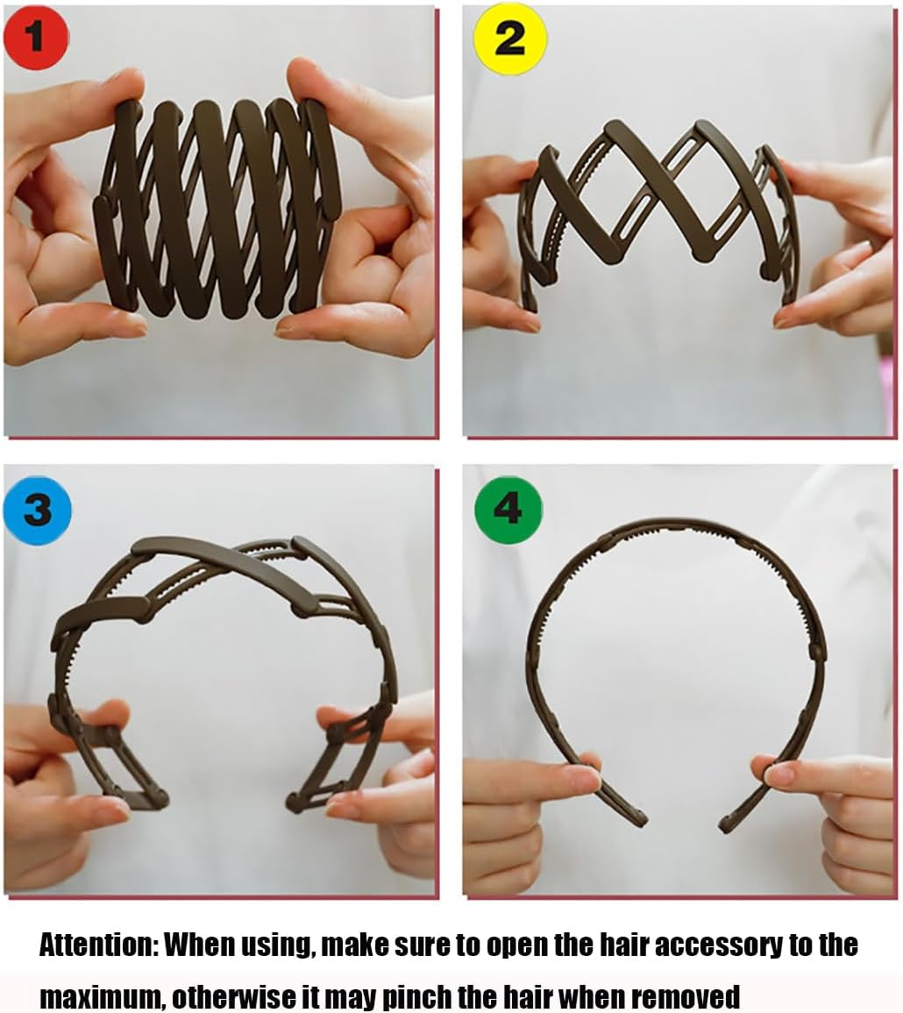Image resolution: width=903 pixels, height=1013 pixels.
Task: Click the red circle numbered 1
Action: coord(35,37)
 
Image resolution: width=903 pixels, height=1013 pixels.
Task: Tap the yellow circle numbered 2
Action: coord(510,38)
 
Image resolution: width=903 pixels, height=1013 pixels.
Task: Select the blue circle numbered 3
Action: coord(37,510)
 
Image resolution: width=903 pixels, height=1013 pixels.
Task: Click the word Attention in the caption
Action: coord(97,945)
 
